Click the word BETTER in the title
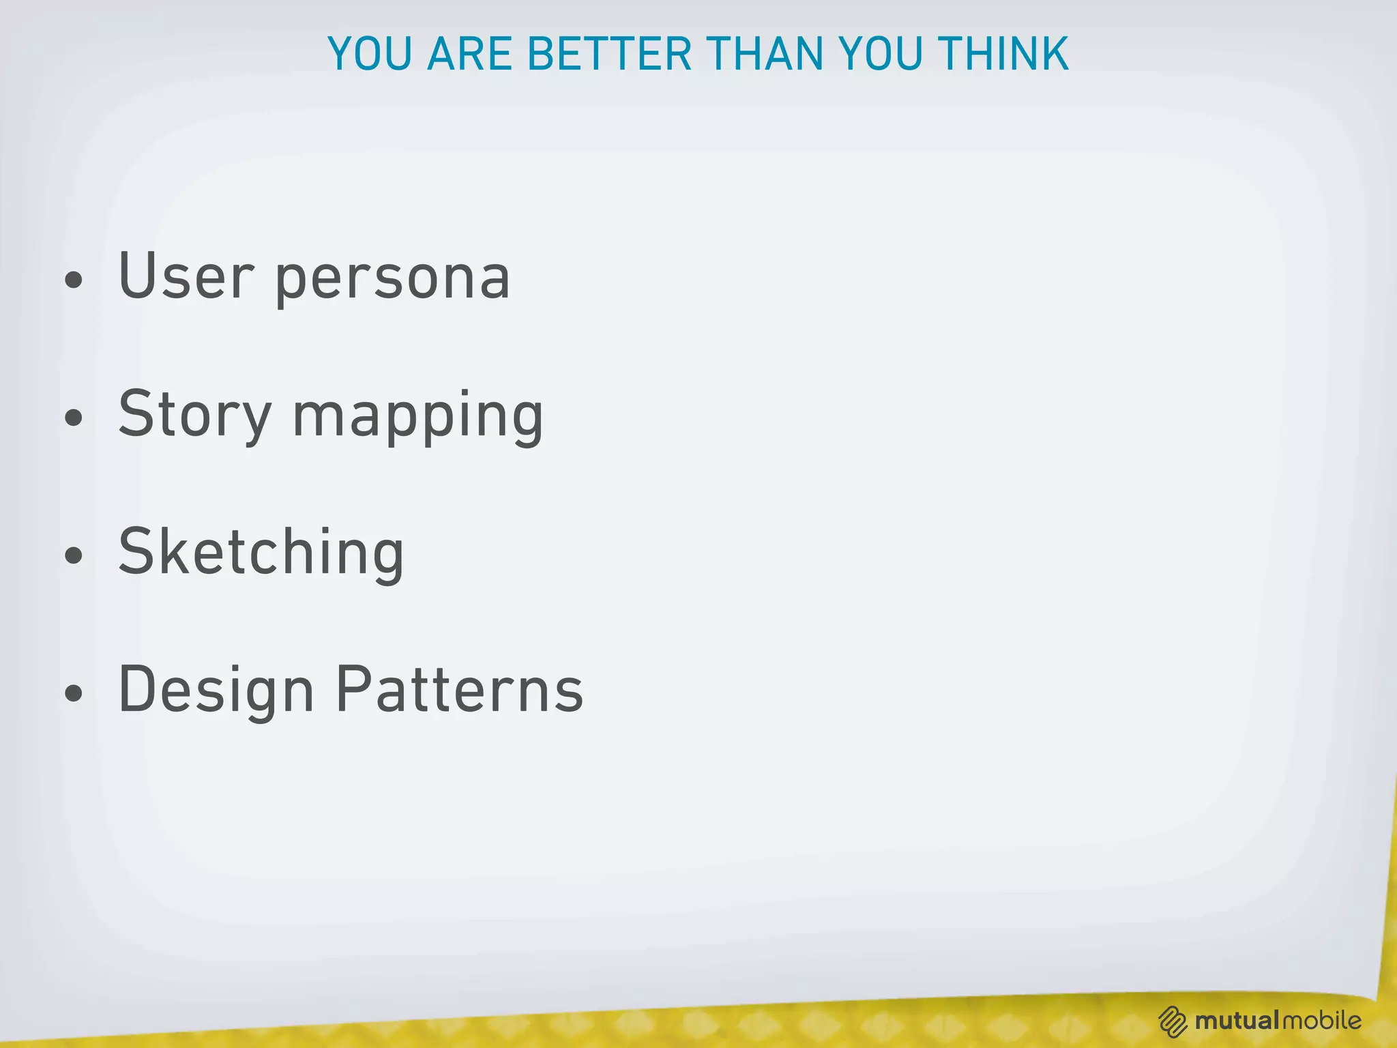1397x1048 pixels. tap(609, 54)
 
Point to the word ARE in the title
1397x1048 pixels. tap(469, 54)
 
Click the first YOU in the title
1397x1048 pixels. tap(370, 54)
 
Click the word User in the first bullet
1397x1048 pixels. tap(186, 276)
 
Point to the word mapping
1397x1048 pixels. tap(417, 418)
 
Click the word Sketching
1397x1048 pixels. tap(261, 553)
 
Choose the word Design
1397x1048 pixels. tap(216, 690)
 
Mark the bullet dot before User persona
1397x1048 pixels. tap(74, 280)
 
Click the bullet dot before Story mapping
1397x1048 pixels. tap(74, 418)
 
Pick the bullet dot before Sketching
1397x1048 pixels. tap(74, 555)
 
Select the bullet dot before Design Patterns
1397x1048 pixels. tap(74, 693)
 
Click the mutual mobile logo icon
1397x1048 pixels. tap(1173, 1021)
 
